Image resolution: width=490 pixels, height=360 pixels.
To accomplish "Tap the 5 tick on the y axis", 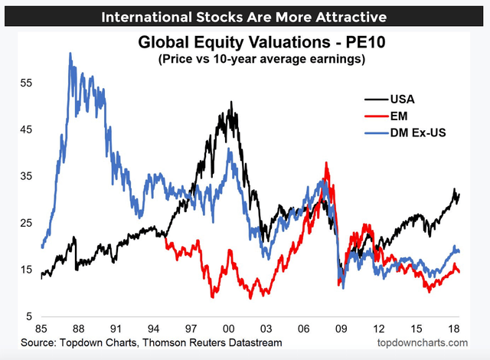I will click(28, 316).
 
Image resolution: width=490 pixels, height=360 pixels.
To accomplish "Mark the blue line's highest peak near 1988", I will click(70, 54).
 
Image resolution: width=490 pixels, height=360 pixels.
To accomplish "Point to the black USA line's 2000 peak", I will click(230, 102).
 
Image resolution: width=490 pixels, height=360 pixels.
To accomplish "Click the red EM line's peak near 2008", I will click(327, 163).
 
